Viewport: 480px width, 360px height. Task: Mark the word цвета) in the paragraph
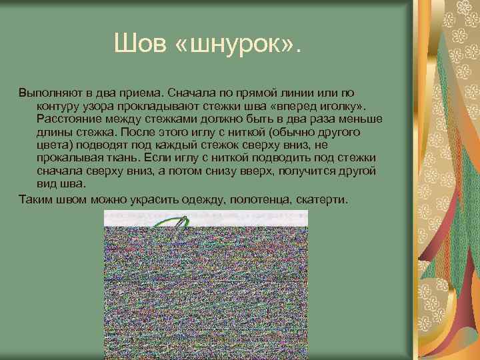tap(56, 144)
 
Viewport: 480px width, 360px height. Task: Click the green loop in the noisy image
tap(175, 222)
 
